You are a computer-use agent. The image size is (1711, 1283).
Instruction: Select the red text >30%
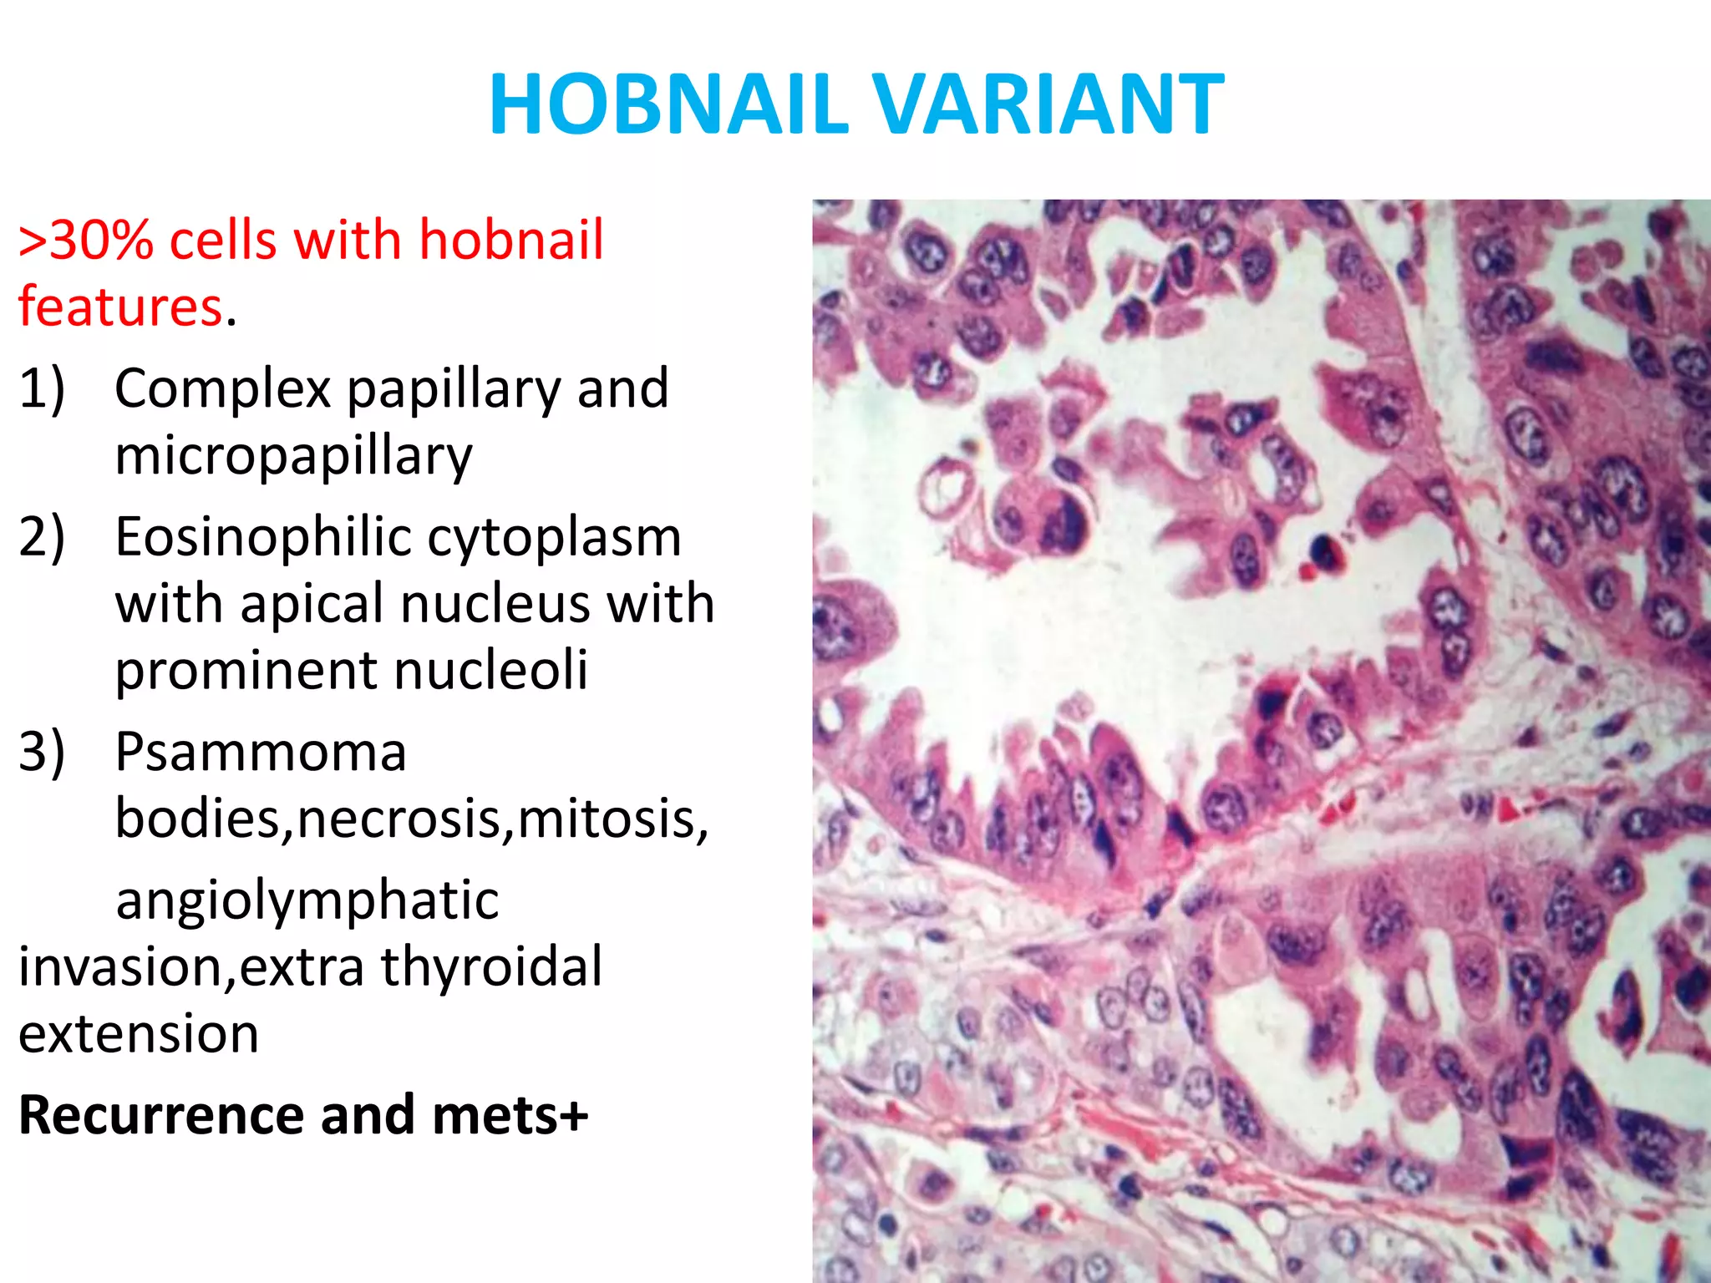coord(86,241)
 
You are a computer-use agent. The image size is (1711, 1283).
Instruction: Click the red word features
coord(120,307)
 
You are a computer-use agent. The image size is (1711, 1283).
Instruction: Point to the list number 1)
coord(42,388)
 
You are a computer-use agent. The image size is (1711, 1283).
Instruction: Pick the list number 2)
coord(42,537)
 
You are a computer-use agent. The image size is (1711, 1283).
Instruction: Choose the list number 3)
coord(42,752)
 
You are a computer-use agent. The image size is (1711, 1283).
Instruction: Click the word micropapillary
coord(293,456)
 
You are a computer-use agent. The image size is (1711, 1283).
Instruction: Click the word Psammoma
coord(260,752)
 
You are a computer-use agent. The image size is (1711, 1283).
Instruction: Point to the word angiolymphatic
coord(307,900)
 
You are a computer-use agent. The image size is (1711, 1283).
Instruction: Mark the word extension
coord(139,1034)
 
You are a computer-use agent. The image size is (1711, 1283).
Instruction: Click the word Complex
coord(222,388)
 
